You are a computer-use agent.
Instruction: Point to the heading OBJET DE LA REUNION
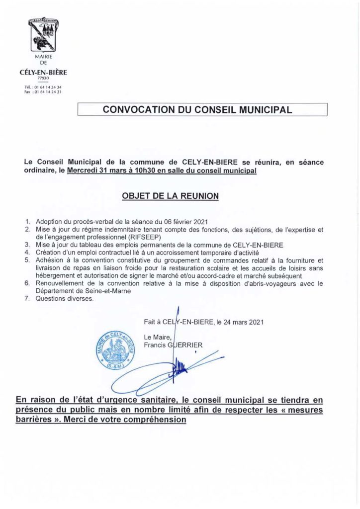170,196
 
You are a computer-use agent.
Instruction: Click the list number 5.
28,260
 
